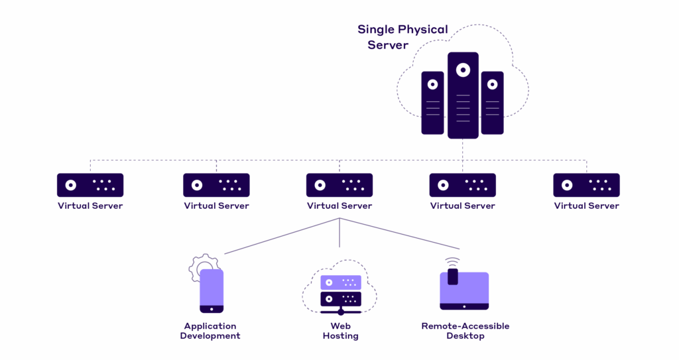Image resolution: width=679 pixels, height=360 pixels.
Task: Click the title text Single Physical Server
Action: click(402, 37)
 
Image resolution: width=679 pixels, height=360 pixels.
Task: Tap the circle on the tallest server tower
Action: click(463, 70)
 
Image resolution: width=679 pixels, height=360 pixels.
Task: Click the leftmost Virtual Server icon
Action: click(90, 185)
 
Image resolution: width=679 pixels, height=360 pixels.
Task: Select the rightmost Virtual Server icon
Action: click(586, 185)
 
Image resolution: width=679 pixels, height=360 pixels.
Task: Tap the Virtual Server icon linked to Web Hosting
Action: click(339, 185)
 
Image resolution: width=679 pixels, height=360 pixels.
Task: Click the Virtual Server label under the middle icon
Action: click(339, 206)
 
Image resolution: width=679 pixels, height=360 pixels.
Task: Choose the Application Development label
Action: click(212, 331)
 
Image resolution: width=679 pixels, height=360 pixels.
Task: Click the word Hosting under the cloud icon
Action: click(340, 336)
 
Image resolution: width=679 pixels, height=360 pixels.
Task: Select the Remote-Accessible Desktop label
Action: click(465, 331)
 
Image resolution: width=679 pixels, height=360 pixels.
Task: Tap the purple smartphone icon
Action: click(212, 290)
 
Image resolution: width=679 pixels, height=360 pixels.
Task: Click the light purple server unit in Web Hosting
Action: click(341, 282)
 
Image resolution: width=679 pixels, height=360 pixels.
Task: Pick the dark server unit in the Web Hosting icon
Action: click(341, 298)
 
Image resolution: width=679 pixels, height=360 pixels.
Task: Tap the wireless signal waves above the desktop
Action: click(452, 261)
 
